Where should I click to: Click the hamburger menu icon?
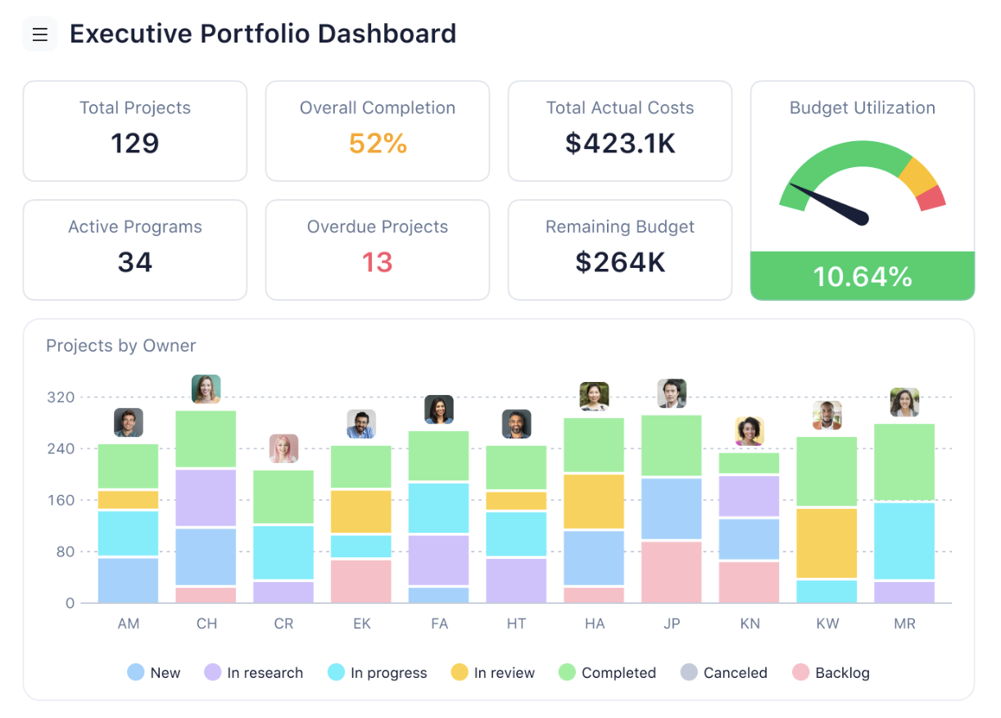click(x=40, y=34)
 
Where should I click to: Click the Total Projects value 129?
click(x=135, y=143)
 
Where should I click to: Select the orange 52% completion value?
click(x=378, y=143)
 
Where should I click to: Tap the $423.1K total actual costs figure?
click(x=620, y=143)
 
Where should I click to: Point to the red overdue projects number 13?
click(x=378, y=262)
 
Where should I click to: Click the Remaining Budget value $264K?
click(x=620, y=262)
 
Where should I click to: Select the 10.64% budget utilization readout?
click(x=863, y=276)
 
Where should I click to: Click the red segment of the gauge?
click(x=931, y=198)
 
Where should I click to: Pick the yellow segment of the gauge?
click(x=917, y=174)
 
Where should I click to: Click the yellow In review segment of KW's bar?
click(x=827, y=543)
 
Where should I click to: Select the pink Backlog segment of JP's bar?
click(x=672, y=571)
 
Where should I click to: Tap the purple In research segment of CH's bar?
click(x=206, y=498)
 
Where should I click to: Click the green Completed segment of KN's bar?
click(x=750, y=463)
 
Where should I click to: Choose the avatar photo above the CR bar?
click(x=283, y=448)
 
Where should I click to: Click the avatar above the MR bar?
click(x=904, y=402)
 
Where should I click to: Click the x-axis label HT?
click(x=516, y=624)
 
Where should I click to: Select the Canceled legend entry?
click(x=724, y=673)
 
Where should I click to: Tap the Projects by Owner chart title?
click(x=121, y=346)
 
